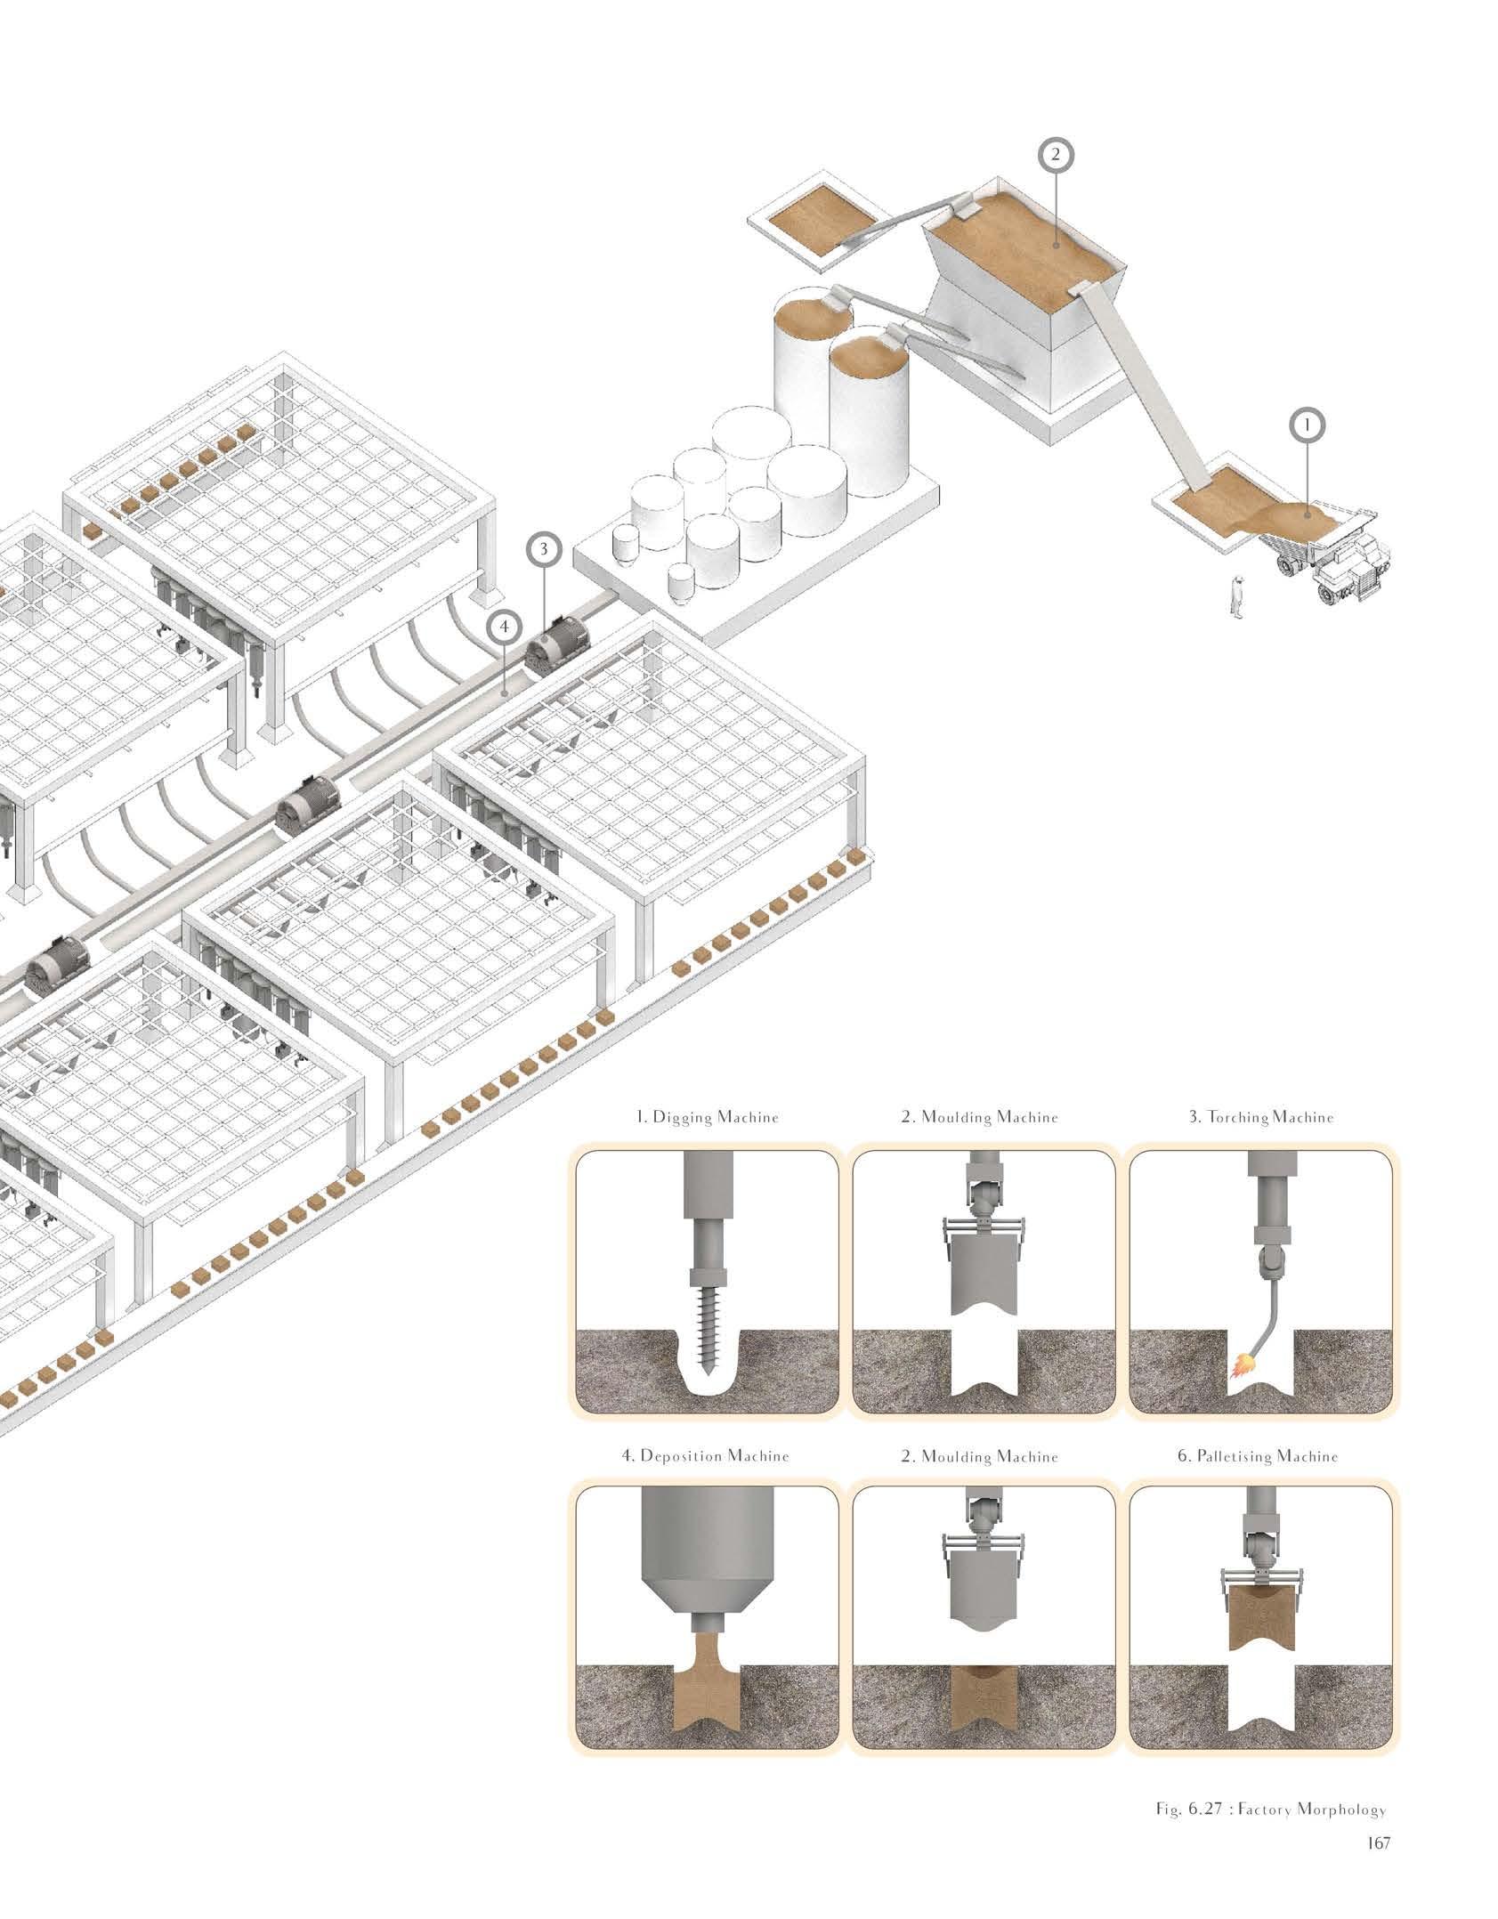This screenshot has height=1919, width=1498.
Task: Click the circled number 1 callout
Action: tap(1307, 427)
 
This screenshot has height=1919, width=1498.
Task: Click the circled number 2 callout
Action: tap(1056, 155)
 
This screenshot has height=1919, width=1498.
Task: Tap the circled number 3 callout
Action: tap(544, 549)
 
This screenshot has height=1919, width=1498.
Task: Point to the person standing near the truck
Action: tap(1235, 595)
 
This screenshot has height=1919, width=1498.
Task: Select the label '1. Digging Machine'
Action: tap(708, 1117)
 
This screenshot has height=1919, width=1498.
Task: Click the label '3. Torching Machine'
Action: tap(1262, 1117)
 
